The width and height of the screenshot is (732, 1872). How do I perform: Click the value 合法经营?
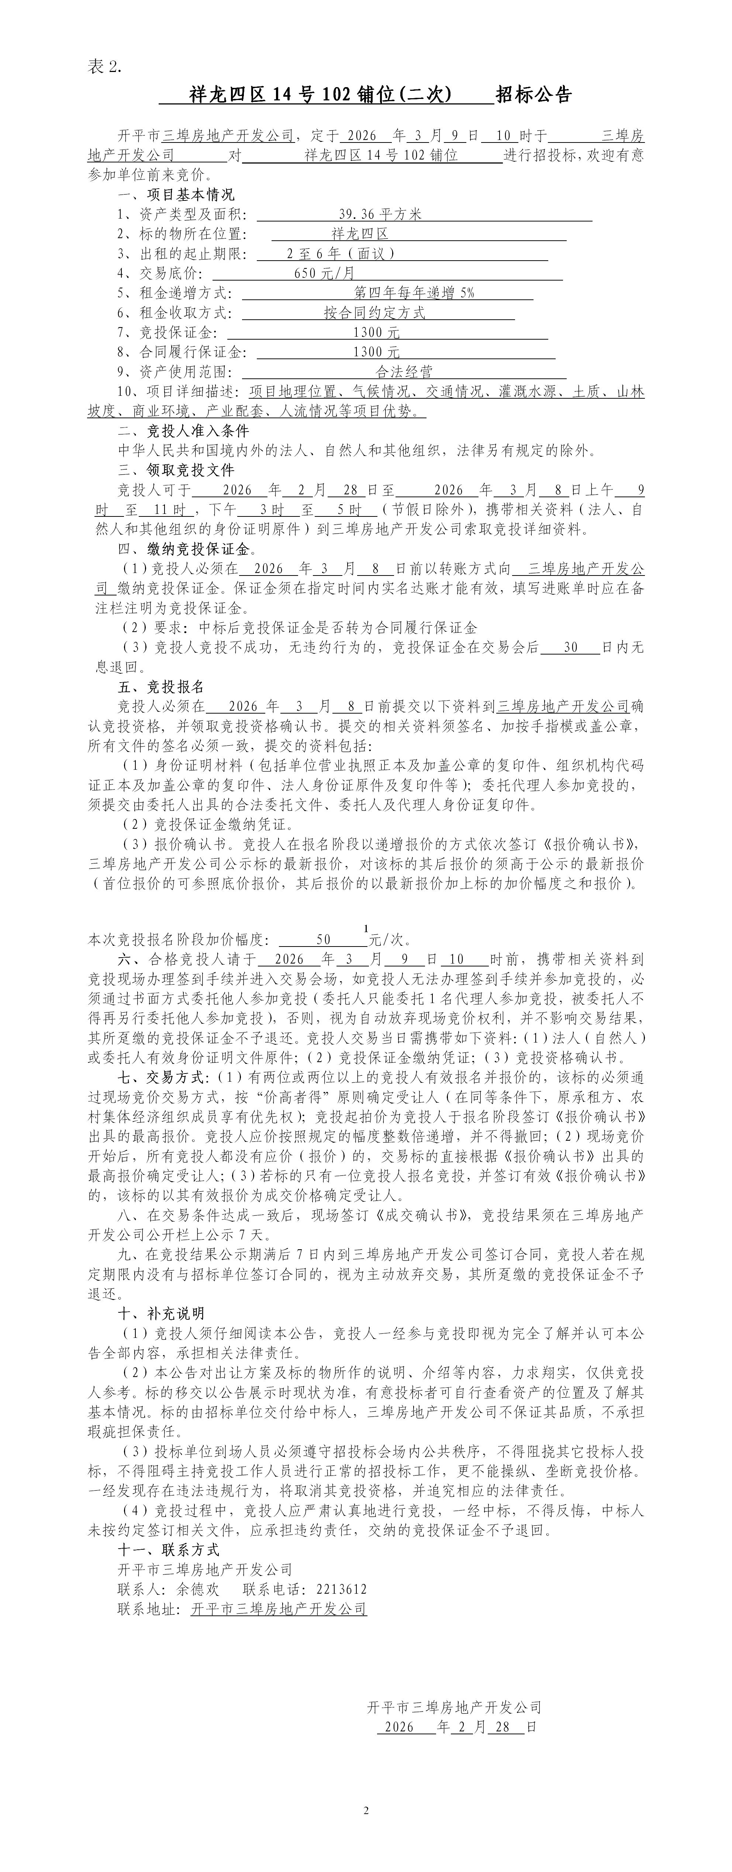click(404, 372)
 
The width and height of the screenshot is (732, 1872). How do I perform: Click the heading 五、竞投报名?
click(161, 687)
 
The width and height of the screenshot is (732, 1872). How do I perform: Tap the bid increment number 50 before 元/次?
click(323, 940)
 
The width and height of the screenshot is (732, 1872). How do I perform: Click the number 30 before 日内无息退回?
click(571, 648)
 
